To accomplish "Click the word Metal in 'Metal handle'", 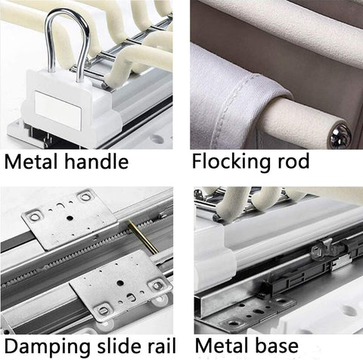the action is pyautogui.click(x=31, y=161).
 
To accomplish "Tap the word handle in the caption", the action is pyautogui.click(x=97, y=161).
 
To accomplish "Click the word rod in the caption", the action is pyautogui.click(x=293, y=161).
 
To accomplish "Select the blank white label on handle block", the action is pyautogui.click(x=58, y=110).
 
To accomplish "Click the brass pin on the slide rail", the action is pyautogui.click(x=143, y=236).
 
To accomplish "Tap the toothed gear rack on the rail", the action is pyautogui.click(x=83, y=250).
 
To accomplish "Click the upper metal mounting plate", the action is pyautogui.click(x=71, y=219).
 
